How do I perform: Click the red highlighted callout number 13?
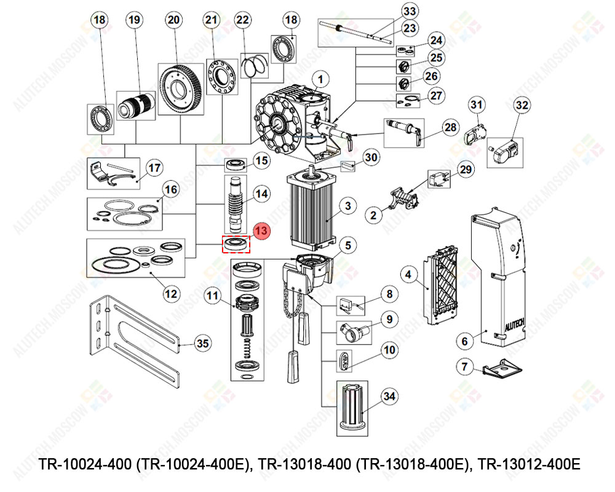(261, 231)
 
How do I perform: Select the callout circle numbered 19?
(134, 20)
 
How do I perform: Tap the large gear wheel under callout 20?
(180, 89)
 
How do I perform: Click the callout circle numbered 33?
(410, 12)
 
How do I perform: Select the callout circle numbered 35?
(202, 343)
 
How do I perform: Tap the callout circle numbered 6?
(465, 340)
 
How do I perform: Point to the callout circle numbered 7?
(465, 367)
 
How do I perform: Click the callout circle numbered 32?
(522, 105)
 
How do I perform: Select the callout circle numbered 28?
(451, 128)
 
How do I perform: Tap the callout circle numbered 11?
(212, 296)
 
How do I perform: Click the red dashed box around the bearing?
(236, 244)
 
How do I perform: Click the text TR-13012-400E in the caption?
(528, 463)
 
